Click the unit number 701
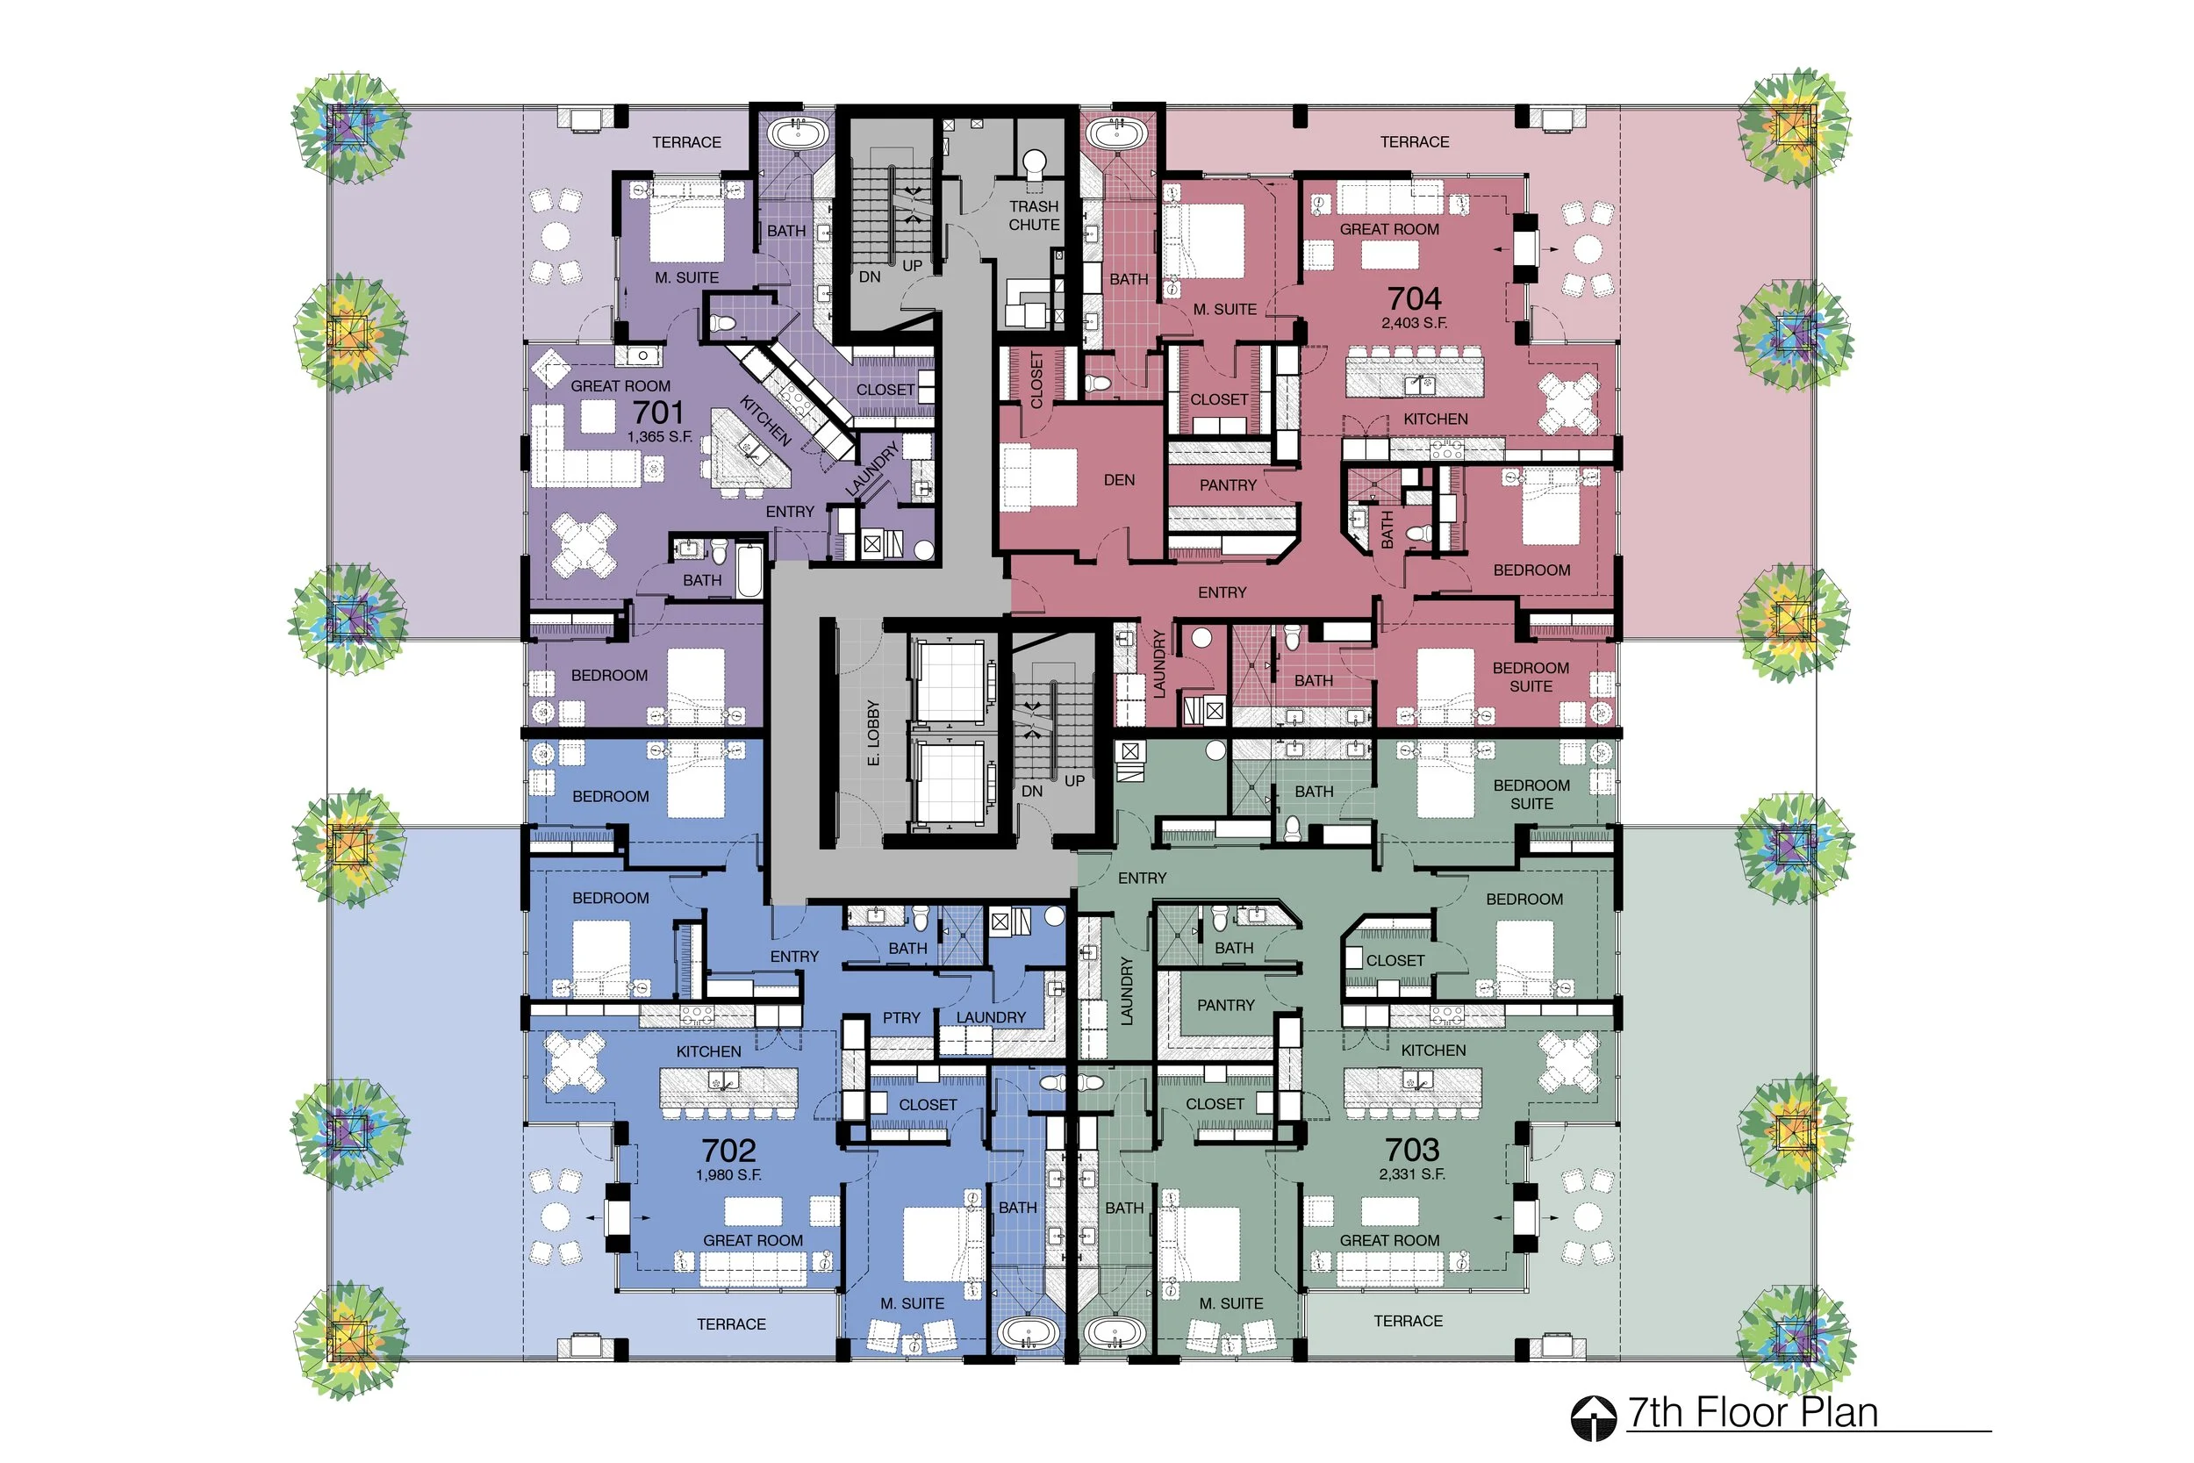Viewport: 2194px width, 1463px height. pos(658,412)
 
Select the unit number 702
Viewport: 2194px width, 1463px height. pos(728,1151)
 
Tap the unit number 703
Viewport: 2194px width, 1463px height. pos(1412,1150)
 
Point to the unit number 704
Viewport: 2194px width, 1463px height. pos(1414,298)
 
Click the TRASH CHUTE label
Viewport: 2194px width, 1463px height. pos(1034,216)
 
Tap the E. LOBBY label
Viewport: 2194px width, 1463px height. pos(873,734)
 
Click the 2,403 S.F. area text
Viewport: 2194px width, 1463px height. pos(1414,324)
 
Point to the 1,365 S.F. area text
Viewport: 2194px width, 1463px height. pos(659,437)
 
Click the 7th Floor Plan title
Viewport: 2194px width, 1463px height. pos(1753,1413)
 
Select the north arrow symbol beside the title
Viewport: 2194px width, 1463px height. pos(1593,1417)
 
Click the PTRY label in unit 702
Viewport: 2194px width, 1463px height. pos(901,1018)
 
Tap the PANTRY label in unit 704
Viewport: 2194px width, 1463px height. pos(1228,485)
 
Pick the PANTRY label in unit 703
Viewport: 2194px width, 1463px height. pos(1226,1005)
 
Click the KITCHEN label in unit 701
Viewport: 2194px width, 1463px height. pos(765,420)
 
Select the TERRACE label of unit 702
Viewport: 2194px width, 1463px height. pos(731,1324)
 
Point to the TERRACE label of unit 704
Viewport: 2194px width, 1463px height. pos(1414,142)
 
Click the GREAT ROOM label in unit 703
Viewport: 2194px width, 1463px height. pos(1389,1240)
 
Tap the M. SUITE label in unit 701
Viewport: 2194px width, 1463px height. pos(686,278)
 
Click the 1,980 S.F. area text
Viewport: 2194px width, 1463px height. pos(728,1174)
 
